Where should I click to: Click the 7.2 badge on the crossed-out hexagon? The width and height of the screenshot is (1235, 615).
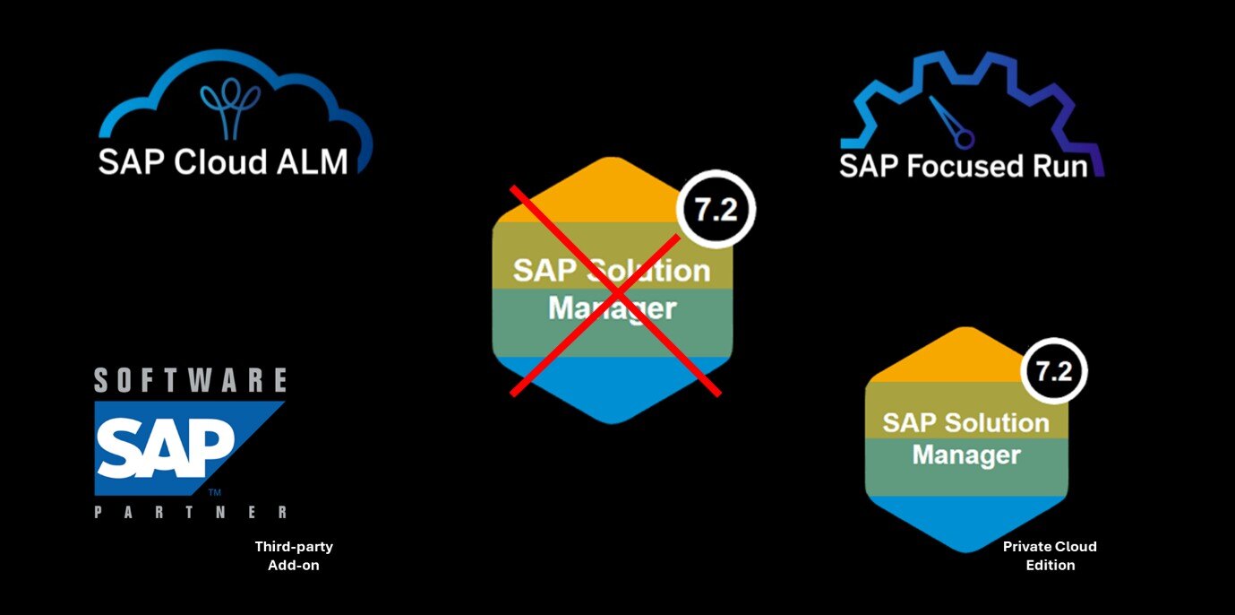pos(716,208)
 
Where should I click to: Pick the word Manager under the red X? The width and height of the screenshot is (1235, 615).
pos(613,309)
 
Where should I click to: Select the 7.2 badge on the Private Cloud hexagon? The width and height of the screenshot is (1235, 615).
pos(1054,369)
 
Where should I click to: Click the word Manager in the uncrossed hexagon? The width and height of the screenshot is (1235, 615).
pos(966,455)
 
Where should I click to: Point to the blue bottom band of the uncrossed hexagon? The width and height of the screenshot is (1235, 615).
pos(966,520)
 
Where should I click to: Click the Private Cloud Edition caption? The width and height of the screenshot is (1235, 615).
pos(1050,556)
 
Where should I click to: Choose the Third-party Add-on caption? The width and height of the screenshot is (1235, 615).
pos(294,556)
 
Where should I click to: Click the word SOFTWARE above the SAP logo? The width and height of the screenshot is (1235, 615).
pos(191,380)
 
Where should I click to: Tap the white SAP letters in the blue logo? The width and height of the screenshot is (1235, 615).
pos(166,450)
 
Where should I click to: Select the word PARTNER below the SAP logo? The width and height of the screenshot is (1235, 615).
pos(191,513)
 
